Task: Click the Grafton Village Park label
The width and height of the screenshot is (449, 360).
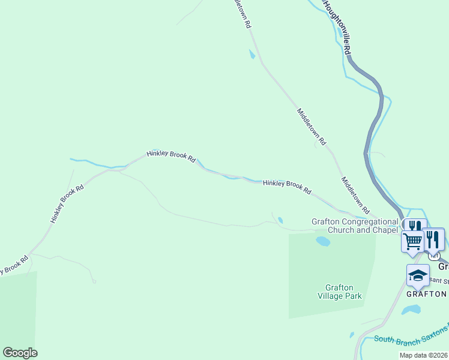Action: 339,291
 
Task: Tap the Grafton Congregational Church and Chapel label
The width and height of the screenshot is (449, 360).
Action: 355,225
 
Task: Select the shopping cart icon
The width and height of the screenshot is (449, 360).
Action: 412,241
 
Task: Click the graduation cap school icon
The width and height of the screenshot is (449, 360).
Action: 418,275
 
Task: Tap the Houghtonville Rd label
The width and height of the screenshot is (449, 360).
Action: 337,27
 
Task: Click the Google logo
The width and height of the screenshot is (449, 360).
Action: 20,353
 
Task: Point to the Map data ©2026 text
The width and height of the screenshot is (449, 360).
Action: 423,355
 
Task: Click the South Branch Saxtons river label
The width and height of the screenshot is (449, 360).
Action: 411,335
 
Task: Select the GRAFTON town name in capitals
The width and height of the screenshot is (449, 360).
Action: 426,294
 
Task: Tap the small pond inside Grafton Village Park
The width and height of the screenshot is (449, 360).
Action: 323,241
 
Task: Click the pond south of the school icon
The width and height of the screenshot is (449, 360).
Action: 411,310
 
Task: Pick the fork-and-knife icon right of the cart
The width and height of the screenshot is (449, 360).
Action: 433,238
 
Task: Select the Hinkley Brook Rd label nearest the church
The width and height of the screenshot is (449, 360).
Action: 287,187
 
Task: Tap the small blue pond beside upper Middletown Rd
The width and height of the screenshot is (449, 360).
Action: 252,55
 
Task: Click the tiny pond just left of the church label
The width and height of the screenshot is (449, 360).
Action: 280,220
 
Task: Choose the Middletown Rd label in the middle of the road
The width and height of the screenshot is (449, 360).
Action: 312,127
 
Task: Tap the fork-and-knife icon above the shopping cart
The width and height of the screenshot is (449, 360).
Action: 414,227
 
